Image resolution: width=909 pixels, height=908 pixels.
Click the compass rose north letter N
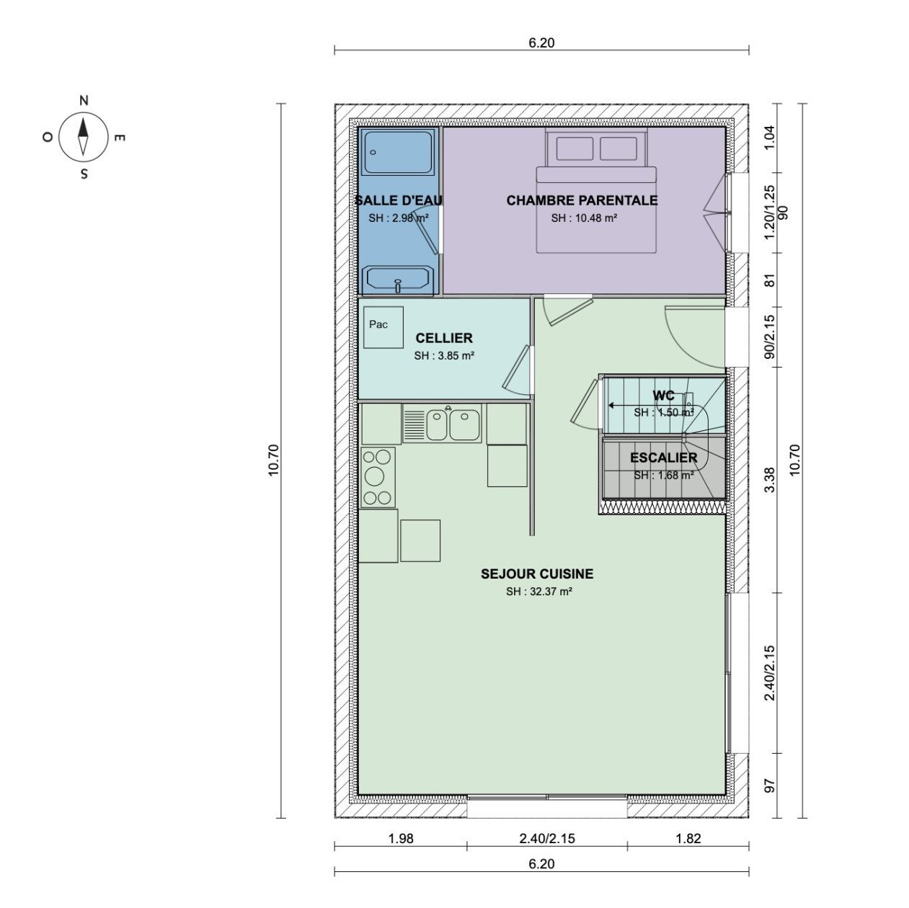[x=84, y=101]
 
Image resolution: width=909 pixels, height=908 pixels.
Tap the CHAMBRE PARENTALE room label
[x=582, y=200]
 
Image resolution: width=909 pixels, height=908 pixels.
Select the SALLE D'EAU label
[x=399, y=200]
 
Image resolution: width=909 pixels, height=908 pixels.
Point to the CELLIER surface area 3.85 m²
[x=444, y=355]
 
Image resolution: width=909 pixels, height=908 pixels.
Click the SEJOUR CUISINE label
[x=537, y=574]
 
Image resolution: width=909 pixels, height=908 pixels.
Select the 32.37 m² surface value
[x=538, y=592]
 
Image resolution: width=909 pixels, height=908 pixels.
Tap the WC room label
[x=663, y=396]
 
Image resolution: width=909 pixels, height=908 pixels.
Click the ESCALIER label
[x=663, y=458]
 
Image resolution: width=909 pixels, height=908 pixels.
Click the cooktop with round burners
[x=378, y=476]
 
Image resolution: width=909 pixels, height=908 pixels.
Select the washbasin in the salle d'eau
[x=398, y=279]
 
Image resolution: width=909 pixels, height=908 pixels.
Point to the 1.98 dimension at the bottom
[x=400, y=838]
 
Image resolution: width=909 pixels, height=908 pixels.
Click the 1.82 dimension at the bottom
[x=688, y=838]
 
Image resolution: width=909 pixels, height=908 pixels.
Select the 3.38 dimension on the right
[x=769, y=480]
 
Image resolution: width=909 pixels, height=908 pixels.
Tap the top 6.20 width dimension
[x=541, y=43]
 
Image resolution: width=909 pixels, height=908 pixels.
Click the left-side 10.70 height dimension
[x=273, y=460]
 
